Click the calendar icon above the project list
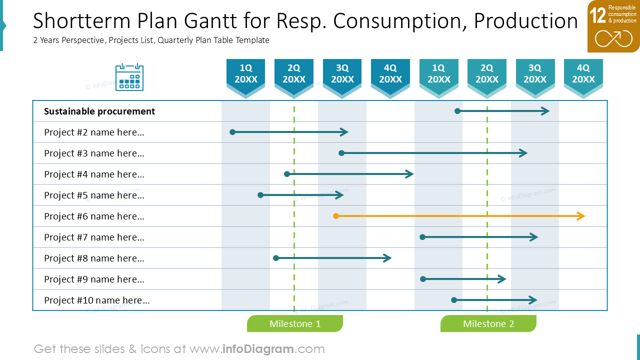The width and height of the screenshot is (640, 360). [x=129, y=77]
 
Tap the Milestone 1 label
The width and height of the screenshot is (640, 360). [x=295, y=323]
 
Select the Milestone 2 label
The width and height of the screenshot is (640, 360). [x=488, y=323]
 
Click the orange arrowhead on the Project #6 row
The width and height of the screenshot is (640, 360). [x=581, y=216]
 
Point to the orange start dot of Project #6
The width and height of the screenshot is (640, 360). [x=336, y=216]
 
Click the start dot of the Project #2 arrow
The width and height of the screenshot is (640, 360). [x=232, y=132]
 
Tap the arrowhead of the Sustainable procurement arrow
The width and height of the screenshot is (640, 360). [x=545, y=111]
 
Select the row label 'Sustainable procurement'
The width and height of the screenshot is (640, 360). [x=99, y=111]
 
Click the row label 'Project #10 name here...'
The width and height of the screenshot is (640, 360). [x=97, y=300]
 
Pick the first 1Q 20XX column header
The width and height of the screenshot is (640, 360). [x=245, y=77]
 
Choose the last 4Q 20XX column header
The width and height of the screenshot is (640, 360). [x=583, y=77]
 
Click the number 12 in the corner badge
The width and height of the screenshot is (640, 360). [x=597, y=15]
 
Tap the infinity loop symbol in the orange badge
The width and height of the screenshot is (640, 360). [x=613, y=38]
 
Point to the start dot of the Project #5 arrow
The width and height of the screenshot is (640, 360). [x=260, y=195]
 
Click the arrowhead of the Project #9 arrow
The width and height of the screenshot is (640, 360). [x=502, y=279]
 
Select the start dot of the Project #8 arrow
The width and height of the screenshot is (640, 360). [x=276, y=258]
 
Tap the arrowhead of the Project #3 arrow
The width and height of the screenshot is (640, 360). [x=523, y=153]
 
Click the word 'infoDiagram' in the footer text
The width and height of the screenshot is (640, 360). [x=257, y=349]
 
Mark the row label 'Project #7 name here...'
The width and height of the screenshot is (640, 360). [x=94, y=237]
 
